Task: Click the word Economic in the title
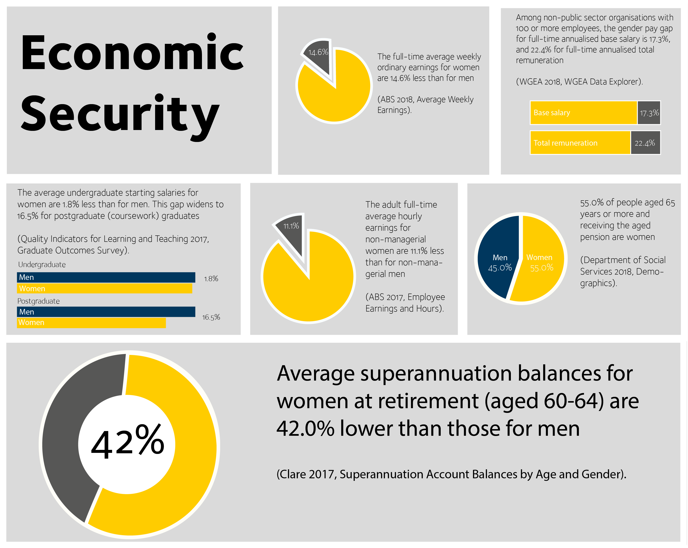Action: point(132,53)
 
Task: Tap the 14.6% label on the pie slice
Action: point(318,52)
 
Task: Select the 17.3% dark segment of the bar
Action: point(649,113)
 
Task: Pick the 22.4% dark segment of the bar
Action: point(645,143)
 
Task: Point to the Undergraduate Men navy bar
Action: point(106,277)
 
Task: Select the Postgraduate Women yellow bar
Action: point(91,322)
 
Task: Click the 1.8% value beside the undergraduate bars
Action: point(211,279)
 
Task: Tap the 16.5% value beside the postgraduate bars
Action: point(211,317)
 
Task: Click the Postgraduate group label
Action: point(39,301)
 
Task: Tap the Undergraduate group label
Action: point(42,264)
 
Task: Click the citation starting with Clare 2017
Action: point(451,474)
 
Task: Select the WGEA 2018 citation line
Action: point(579,82)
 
